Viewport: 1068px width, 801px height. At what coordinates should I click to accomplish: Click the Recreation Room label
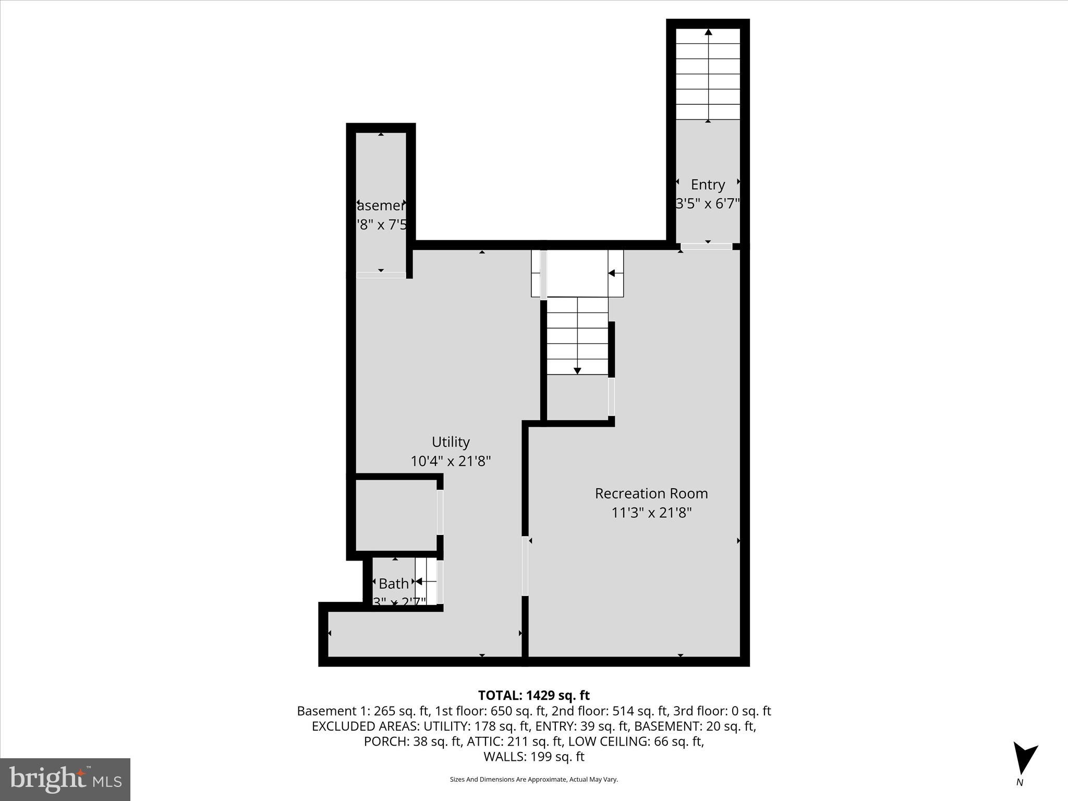(x=651, y=493)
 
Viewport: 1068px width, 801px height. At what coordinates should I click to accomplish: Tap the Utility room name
(x=451, y=442)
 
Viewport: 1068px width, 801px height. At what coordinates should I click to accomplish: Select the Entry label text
(x=708, y=185)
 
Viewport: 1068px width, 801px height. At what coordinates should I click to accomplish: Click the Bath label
(x=393, y=584)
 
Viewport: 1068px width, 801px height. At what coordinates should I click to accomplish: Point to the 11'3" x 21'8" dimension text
(x=651, y=513)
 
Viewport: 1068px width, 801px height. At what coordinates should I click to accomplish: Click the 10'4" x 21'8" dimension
(x=451, y=462)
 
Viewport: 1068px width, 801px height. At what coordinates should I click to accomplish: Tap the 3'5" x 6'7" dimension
(x=708, y=203)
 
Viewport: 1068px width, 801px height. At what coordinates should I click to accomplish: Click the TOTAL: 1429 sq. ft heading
(x=533, y=695)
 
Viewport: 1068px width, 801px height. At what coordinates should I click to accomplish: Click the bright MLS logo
(x=65, y=779)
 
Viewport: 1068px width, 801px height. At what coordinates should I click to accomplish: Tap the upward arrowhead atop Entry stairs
(x=708, y=32)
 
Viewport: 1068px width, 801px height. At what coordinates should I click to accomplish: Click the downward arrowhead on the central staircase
(x=577, y=371)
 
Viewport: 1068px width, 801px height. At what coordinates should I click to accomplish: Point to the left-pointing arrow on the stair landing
(x=612, y=273)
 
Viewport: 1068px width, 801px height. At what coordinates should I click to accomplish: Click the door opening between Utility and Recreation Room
(x=525, y=566)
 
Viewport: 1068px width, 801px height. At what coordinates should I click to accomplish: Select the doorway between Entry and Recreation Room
(x=706, y=247)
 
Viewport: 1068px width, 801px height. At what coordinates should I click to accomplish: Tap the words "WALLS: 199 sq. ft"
(x=533, y=757)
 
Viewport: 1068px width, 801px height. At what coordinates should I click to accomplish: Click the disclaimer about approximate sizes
(x=533, y=779)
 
